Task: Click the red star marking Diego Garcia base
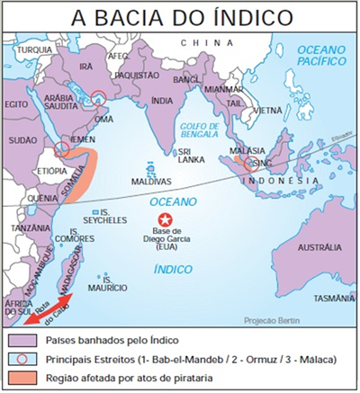164,219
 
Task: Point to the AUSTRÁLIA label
319,246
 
